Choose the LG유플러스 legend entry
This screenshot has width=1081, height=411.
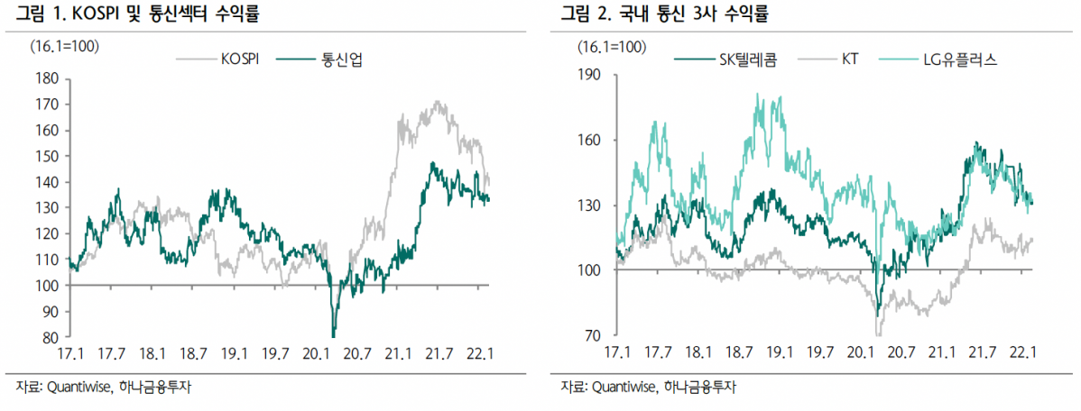955,60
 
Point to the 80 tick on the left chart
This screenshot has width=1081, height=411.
51,337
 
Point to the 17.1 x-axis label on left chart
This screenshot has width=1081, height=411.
69,353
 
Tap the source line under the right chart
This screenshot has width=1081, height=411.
649,388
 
